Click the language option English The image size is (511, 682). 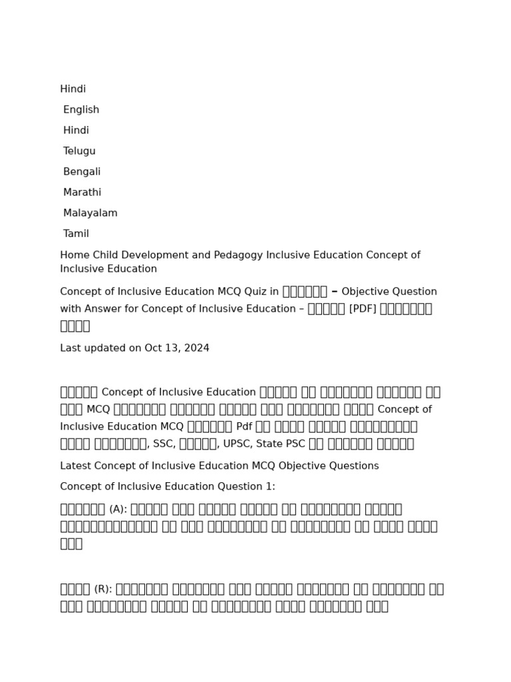click(x=81, y=110)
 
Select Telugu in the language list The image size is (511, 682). click(x=79, y=151)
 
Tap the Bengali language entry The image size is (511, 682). click(x=82, y=172)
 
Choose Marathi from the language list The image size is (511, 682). click(x=82, y=192)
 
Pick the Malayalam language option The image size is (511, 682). click(x=90, y=213)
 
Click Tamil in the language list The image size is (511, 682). click(x=76, y=234)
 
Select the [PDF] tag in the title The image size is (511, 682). click(x=363, y=309)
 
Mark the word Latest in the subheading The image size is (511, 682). click(x=76, y=466)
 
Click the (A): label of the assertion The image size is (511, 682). click(x=118, y=510)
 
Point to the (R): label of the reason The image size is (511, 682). click(x=103, y=589)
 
